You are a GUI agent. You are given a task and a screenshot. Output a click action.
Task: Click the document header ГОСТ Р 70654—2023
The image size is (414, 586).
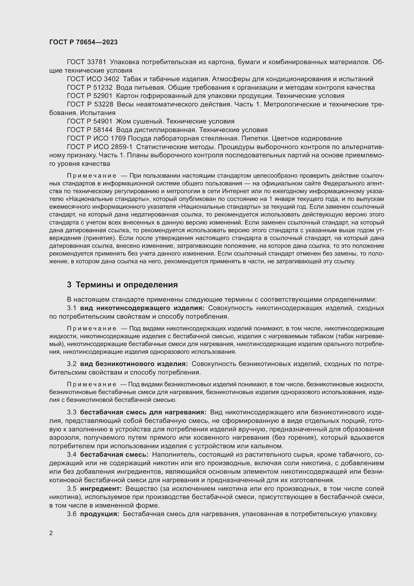tap(83, 42)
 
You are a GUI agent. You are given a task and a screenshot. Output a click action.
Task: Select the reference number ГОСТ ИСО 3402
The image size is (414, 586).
tap(93, 79)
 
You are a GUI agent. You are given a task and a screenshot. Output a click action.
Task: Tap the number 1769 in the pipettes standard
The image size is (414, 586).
tap(118, 138)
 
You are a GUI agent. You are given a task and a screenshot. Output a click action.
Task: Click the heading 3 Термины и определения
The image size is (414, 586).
tap(122, 285)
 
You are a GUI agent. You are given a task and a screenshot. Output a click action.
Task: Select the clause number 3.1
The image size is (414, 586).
tap(72, 308)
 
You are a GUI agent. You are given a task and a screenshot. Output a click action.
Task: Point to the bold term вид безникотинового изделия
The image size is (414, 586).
tap(134, 364)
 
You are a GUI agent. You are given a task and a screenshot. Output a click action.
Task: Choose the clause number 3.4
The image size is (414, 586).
tap(72, 454)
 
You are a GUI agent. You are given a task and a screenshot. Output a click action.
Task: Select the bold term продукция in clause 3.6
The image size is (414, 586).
tap(100, 514)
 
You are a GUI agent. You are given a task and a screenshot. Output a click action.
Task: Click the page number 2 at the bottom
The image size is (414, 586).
tap(51, 533)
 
